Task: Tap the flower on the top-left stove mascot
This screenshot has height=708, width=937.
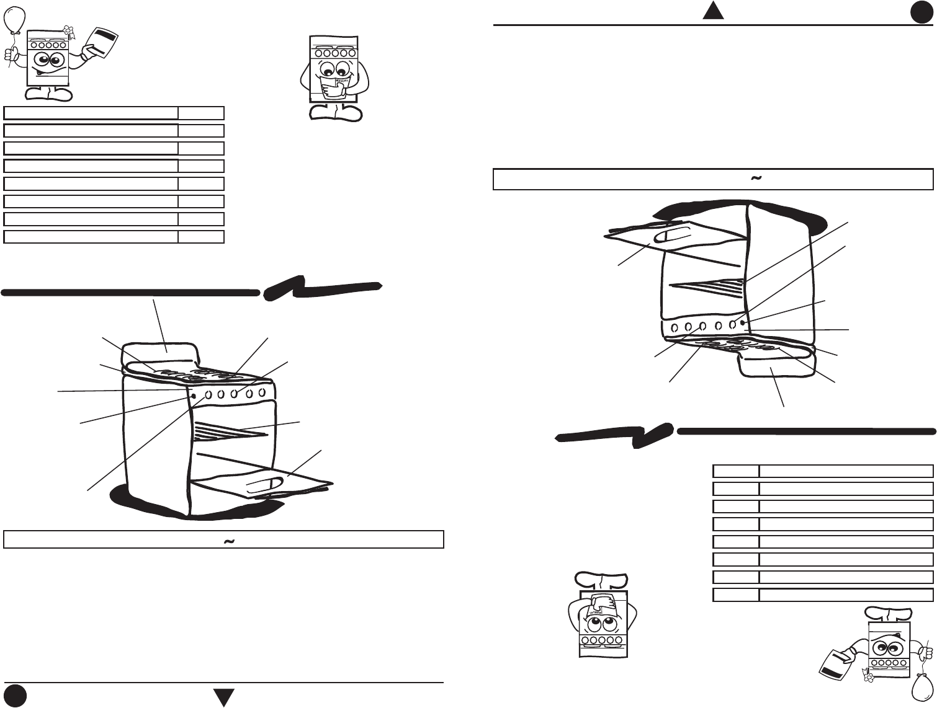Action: coord(69,30)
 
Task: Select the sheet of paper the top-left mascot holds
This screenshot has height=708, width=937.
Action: coord(102,43)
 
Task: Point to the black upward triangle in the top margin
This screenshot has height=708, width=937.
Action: coord(714,11)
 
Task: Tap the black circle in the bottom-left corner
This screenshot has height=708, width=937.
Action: coord(16,696)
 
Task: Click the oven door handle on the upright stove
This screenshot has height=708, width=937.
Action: coord(263,486)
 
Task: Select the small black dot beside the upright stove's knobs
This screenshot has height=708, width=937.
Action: coord(194,396)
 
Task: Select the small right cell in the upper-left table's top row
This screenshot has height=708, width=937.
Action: coord(201,113)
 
